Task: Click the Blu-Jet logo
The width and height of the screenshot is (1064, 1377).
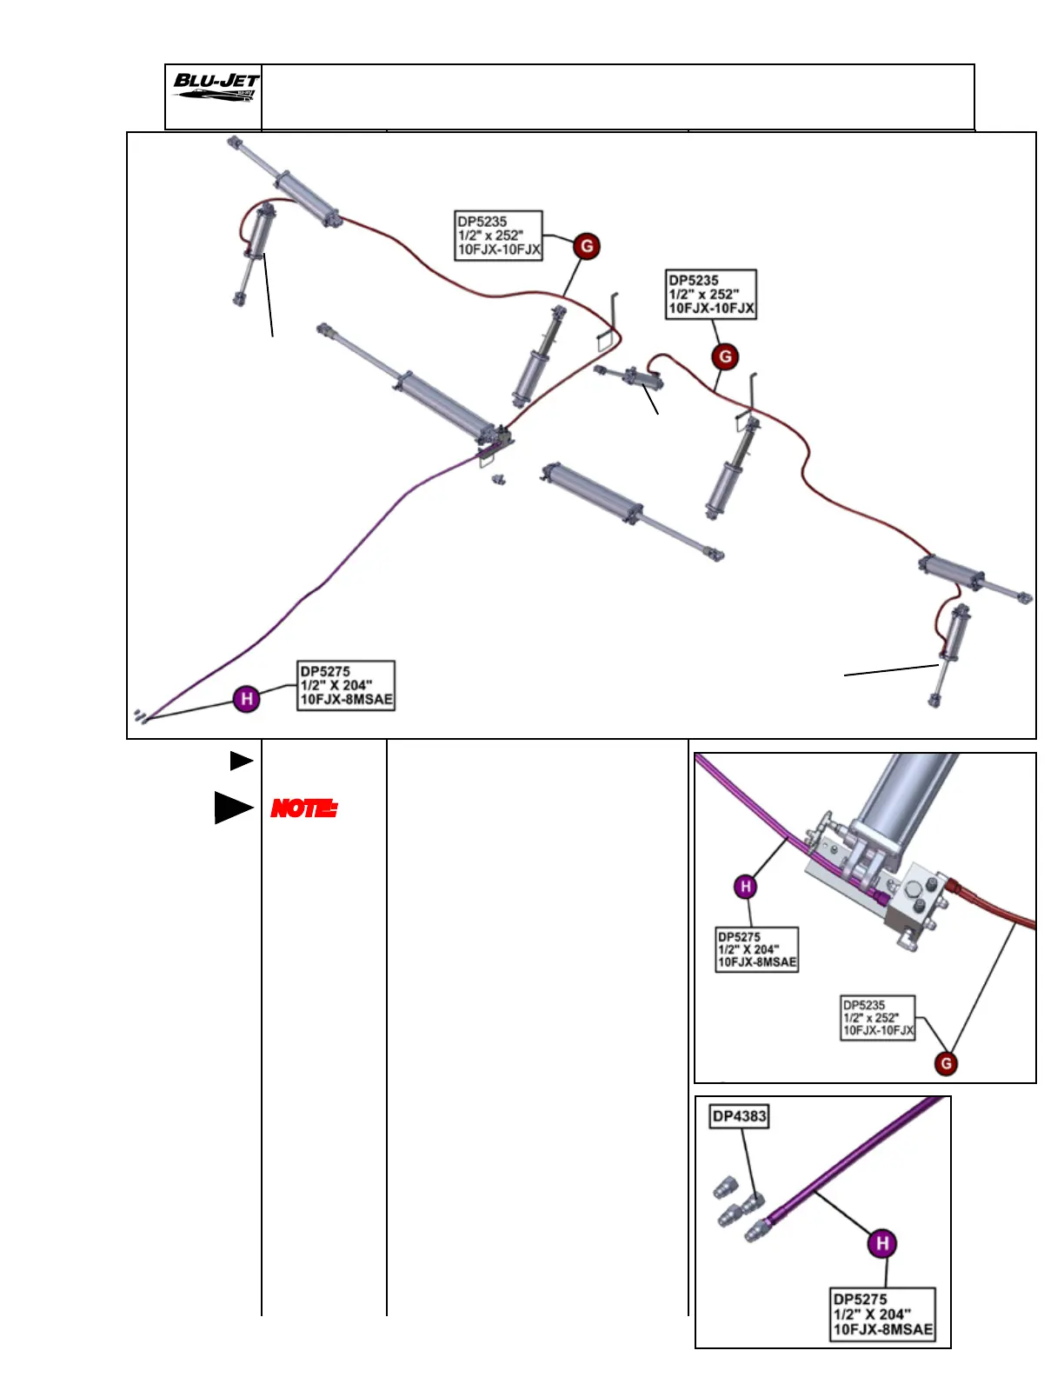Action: pos(214,87)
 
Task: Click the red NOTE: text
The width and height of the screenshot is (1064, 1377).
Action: pos(303,808)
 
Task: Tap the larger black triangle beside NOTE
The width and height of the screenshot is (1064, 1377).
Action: pos(232,808)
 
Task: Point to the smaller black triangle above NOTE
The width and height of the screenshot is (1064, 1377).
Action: pos(240,761)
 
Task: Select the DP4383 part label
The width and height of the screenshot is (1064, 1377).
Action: pos(739,1116)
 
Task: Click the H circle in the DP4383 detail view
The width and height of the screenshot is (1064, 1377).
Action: pos(882,1243)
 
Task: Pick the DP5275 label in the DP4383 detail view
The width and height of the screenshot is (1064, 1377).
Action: pos(883,1314)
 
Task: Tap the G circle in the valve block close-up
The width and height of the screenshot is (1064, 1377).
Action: pos(946,1062)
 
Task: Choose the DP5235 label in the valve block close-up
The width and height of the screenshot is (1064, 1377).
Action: pos(878,1017)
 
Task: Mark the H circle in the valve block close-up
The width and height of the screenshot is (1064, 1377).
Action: pos(745,887)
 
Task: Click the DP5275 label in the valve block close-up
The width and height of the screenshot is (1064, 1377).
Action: pos(756,949)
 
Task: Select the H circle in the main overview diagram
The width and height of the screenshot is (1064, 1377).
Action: pos(247,698)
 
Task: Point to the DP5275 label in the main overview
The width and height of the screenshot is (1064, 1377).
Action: pos(346,685)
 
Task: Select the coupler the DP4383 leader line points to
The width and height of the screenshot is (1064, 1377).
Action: pos(753,1202)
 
